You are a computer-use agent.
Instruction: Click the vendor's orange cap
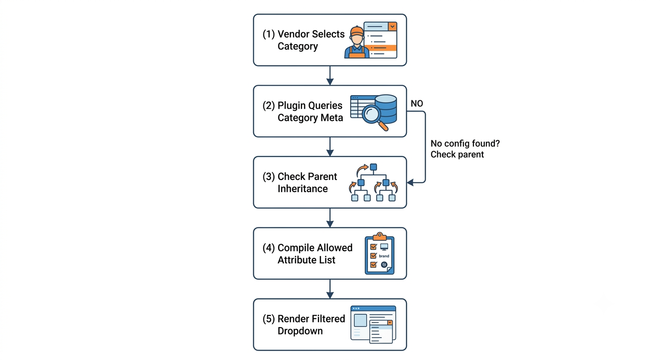(357, 31)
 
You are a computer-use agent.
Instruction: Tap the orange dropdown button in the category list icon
(392, 27)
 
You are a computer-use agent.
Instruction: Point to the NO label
(417, 104)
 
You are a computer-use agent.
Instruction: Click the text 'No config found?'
(465, 143)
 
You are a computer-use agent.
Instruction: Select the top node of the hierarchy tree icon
(373, 167)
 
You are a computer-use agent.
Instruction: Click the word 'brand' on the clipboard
(384, 256)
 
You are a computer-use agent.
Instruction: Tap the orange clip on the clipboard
(380, 236)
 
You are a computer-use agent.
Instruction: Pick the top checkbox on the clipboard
(373, 247)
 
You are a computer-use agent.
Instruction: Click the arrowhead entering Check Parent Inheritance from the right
(411, 183)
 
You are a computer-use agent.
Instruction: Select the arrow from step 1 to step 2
(330, 75)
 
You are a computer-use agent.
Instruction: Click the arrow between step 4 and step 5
(330, 289)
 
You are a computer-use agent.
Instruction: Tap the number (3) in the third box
(269, 176)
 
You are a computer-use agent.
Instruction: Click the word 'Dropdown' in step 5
(300, 331)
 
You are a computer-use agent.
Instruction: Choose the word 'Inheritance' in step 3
(302, 188)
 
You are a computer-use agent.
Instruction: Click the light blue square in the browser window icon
(360, 320)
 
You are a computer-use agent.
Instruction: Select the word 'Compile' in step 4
(295, 248)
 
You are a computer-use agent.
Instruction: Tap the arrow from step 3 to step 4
(330, 217)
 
